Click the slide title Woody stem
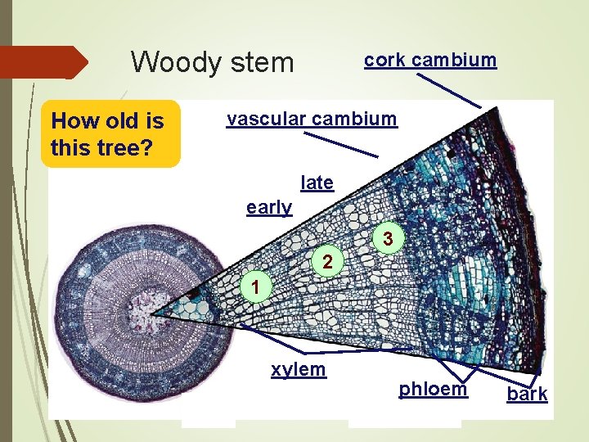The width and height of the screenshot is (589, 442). (x=212, y=61)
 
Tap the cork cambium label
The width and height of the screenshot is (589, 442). (x=429, y=60)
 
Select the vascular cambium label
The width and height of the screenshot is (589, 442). (x=312, y=120)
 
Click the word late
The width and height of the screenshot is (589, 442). (x=317, y=183)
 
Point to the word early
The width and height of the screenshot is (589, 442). (x=269, y=208)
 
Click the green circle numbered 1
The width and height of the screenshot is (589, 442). (x=256, y=287)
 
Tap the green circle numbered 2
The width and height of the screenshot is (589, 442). (x=326, y=263)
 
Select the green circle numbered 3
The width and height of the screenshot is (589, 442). (x=390, y=239)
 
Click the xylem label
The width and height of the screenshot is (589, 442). (x=299, y=369)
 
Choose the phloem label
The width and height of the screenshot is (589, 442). (x=433, y=389)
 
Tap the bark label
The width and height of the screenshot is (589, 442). (x=527, y=395)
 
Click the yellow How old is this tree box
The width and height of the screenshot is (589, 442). (x=110, y=133)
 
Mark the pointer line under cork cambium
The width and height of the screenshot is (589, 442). (x=449, y=90)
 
